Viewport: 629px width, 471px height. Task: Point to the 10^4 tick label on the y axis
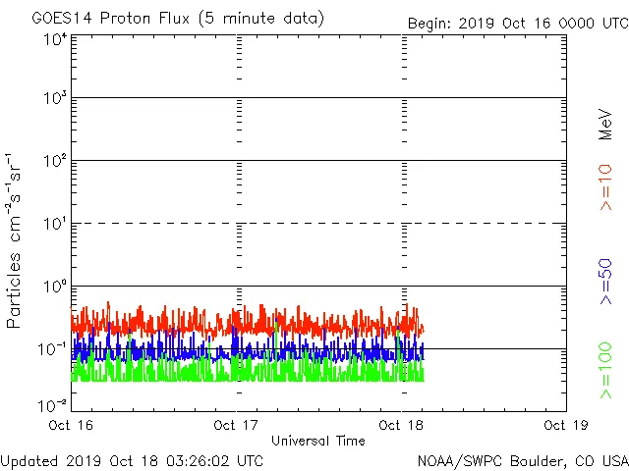(x=55, y=39)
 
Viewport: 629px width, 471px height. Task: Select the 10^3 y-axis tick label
(x=55, y=99)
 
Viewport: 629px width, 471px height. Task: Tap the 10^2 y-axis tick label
(x=55, y=161)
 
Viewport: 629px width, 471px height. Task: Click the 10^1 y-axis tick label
(x=55, y=224)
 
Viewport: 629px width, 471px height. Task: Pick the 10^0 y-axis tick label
(x=55, y=287)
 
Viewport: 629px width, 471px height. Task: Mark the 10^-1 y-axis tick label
(x=53, y=348)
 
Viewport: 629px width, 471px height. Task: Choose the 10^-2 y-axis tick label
(x=53, y=404)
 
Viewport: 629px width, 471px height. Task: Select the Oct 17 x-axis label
(x=237, y=426)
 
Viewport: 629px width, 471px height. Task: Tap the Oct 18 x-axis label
(x=402, y=426)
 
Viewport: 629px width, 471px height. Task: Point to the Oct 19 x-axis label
(x=565, y=426)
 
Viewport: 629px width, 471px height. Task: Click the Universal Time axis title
(x=318, y=441)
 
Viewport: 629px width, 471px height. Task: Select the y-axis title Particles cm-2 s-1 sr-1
(x=17, y=239)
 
